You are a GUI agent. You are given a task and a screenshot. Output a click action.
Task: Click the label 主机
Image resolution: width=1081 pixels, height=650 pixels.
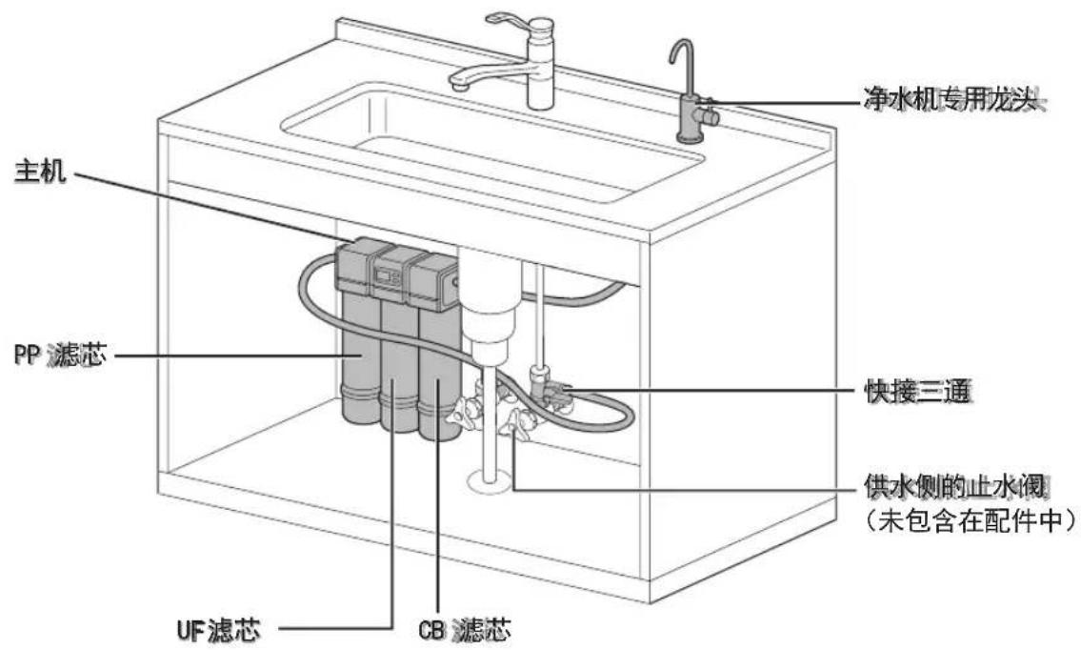[41, 171]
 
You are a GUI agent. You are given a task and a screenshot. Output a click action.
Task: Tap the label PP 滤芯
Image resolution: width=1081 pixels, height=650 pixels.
[61, 355]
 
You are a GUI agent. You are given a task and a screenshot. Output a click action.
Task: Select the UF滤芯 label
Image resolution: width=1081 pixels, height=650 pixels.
[218, 629]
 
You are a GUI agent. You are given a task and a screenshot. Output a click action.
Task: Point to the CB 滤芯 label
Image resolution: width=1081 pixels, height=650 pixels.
[465, 629]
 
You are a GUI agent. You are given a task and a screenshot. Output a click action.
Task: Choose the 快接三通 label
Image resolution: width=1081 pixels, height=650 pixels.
[917, 392]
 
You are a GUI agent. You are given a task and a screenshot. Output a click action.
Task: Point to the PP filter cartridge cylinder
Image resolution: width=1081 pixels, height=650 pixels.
[361, 358]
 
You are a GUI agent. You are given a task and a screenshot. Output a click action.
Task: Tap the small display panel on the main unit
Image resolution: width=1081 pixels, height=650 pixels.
[387, 277]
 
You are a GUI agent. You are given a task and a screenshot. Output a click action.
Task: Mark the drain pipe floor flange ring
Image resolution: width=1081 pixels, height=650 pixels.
[490, 480]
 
